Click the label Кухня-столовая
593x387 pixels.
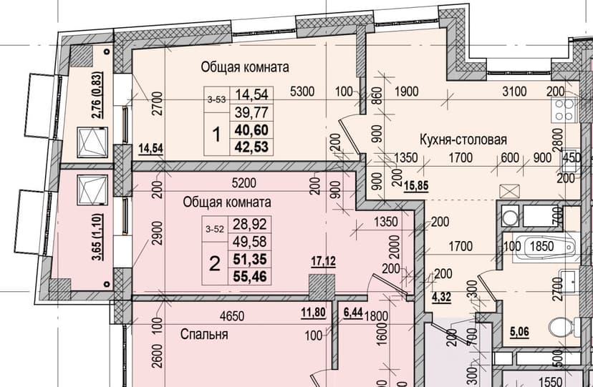(x=463, y=139)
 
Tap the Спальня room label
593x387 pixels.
(x=204, y=334)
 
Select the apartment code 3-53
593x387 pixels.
(x=217, y=99)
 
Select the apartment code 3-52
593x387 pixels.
(x=215, y=229)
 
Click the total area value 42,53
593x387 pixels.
(x=251, y=147)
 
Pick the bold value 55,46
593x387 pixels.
(x=250, y=276)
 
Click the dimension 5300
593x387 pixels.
(x=302, y=91)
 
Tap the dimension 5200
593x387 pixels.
(x=244, y=183)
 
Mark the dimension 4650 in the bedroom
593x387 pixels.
(x=232, y=315)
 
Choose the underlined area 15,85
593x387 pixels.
(x=416, y=186)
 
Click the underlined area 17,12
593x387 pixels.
(x=323, y=260)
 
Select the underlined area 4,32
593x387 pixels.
(x=442, y=297)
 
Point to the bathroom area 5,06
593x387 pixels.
(x=519, y=332)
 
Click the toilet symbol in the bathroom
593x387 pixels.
(x=564, y=327)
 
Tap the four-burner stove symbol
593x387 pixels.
(x=564, y=109)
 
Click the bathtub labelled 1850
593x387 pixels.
(x=544, y=247)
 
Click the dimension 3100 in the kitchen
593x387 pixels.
(x=514, y=91)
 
